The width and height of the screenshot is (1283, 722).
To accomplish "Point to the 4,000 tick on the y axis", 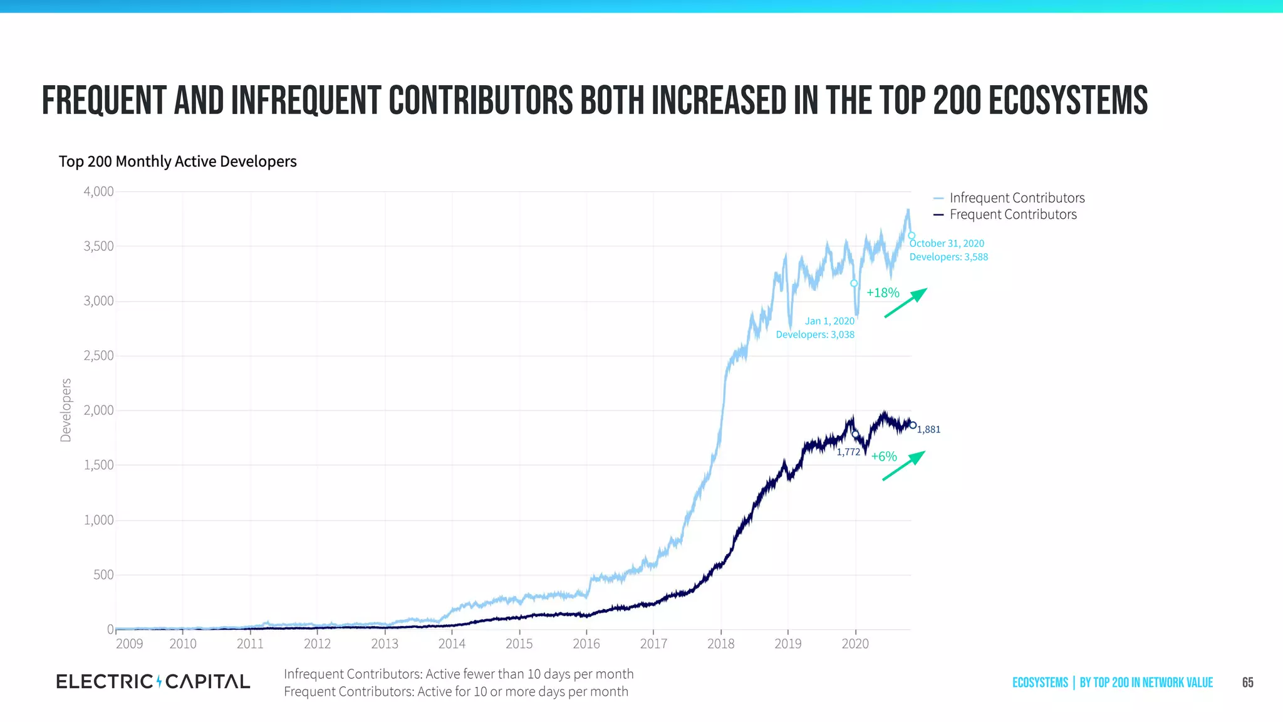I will pos(99,192).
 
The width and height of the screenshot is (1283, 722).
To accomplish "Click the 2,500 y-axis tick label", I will pos(99,356).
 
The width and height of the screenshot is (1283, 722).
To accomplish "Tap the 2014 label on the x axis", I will pos(452,644).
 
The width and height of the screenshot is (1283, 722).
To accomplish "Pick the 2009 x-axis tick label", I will pos(129,644).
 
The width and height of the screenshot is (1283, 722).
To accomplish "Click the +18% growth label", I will pos(883,293).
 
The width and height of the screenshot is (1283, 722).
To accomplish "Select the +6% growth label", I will pos(884,457).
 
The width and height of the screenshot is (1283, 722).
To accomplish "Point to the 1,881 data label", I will pos(928,430).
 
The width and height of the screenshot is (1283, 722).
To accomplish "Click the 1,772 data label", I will pos(848,452).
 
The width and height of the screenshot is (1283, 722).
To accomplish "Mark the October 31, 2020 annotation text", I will pos(947,243).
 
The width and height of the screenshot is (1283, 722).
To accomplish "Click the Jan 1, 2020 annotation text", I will pos(829,321).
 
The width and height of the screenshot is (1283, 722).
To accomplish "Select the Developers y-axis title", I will pos(66,410).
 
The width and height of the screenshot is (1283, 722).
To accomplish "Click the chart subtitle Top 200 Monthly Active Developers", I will pos(177,162).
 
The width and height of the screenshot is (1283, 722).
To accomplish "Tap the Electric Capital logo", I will pos(153,681).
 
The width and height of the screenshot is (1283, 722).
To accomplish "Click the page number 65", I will pos(1247,683).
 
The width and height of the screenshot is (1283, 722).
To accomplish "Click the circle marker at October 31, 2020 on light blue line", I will pos(912,236).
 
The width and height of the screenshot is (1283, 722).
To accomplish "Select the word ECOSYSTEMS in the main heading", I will pos(1067,101).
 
